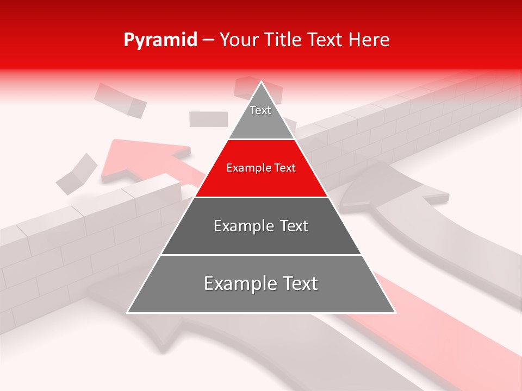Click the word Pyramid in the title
pyautogui.click(x=160, y=40)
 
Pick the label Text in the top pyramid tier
pyautogui.click(x=260, y=111)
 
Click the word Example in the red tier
pyautogui.click(x=245, y=168)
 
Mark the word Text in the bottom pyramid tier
pyautogui.click(x=299, y=283)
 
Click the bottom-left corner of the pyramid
pyautogui.click(x=128, y=312)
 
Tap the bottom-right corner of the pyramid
pyautogui.click(x=395, y=312)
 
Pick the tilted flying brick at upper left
pyautogui.click(x=120, y=100)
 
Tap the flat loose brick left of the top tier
pyautogui.click(x=208, y=119)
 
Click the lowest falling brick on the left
pyautogui.click(x=76, y=174)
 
